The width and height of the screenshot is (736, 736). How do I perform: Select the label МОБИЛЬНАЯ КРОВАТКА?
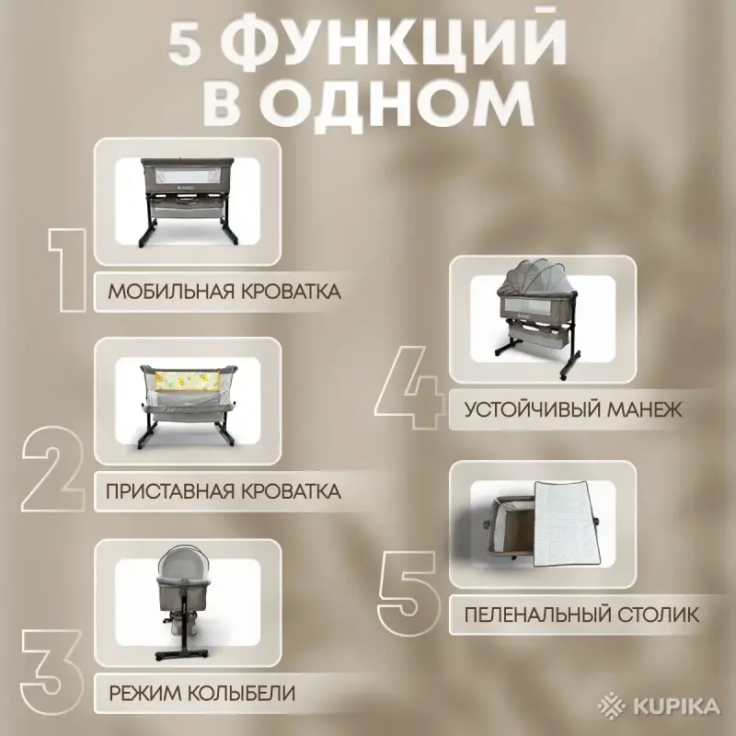(224, 292)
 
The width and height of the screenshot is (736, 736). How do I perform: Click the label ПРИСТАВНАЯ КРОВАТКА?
(224, 490)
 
